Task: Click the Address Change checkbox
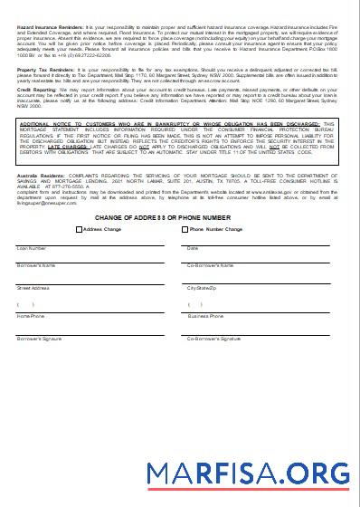[x=80, y=230]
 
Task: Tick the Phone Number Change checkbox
[x=185, y=230]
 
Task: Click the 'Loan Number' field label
[x=32, y=247]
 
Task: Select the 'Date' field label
[x=192, y=247]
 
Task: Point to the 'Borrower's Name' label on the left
[x=36, y=265]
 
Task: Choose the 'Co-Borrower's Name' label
[x=210, y=265]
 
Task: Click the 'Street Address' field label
[x=34, y=288]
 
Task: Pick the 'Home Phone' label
[x=31, y=317]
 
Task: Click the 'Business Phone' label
[x=205, y=317]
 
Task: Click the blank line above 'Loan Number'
[x=90, y=243]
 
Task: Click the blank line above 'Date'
[x=258, y=243]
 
